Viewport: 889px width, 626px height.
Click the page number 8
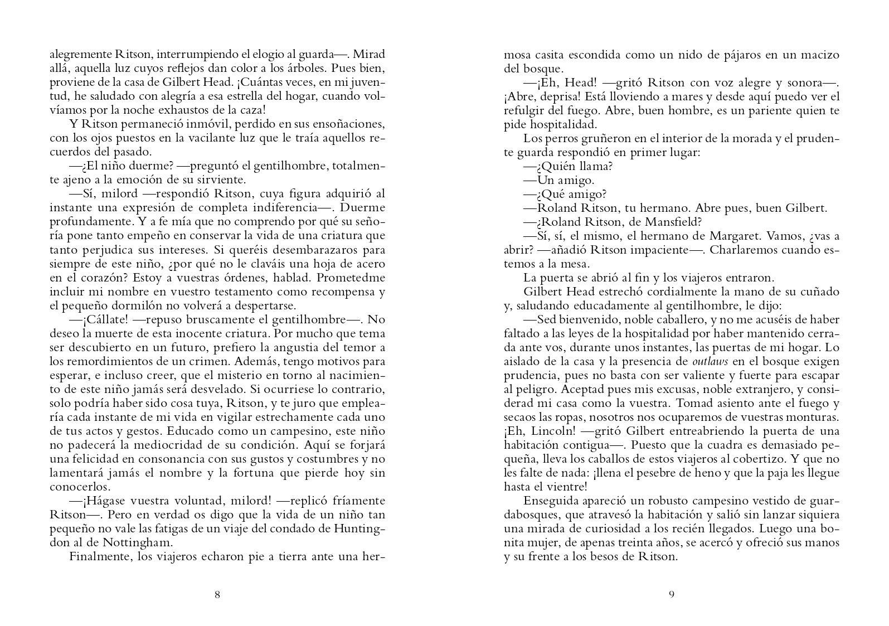pos(217,595)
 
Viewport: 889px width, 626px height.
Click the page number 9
pos(671,595)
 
